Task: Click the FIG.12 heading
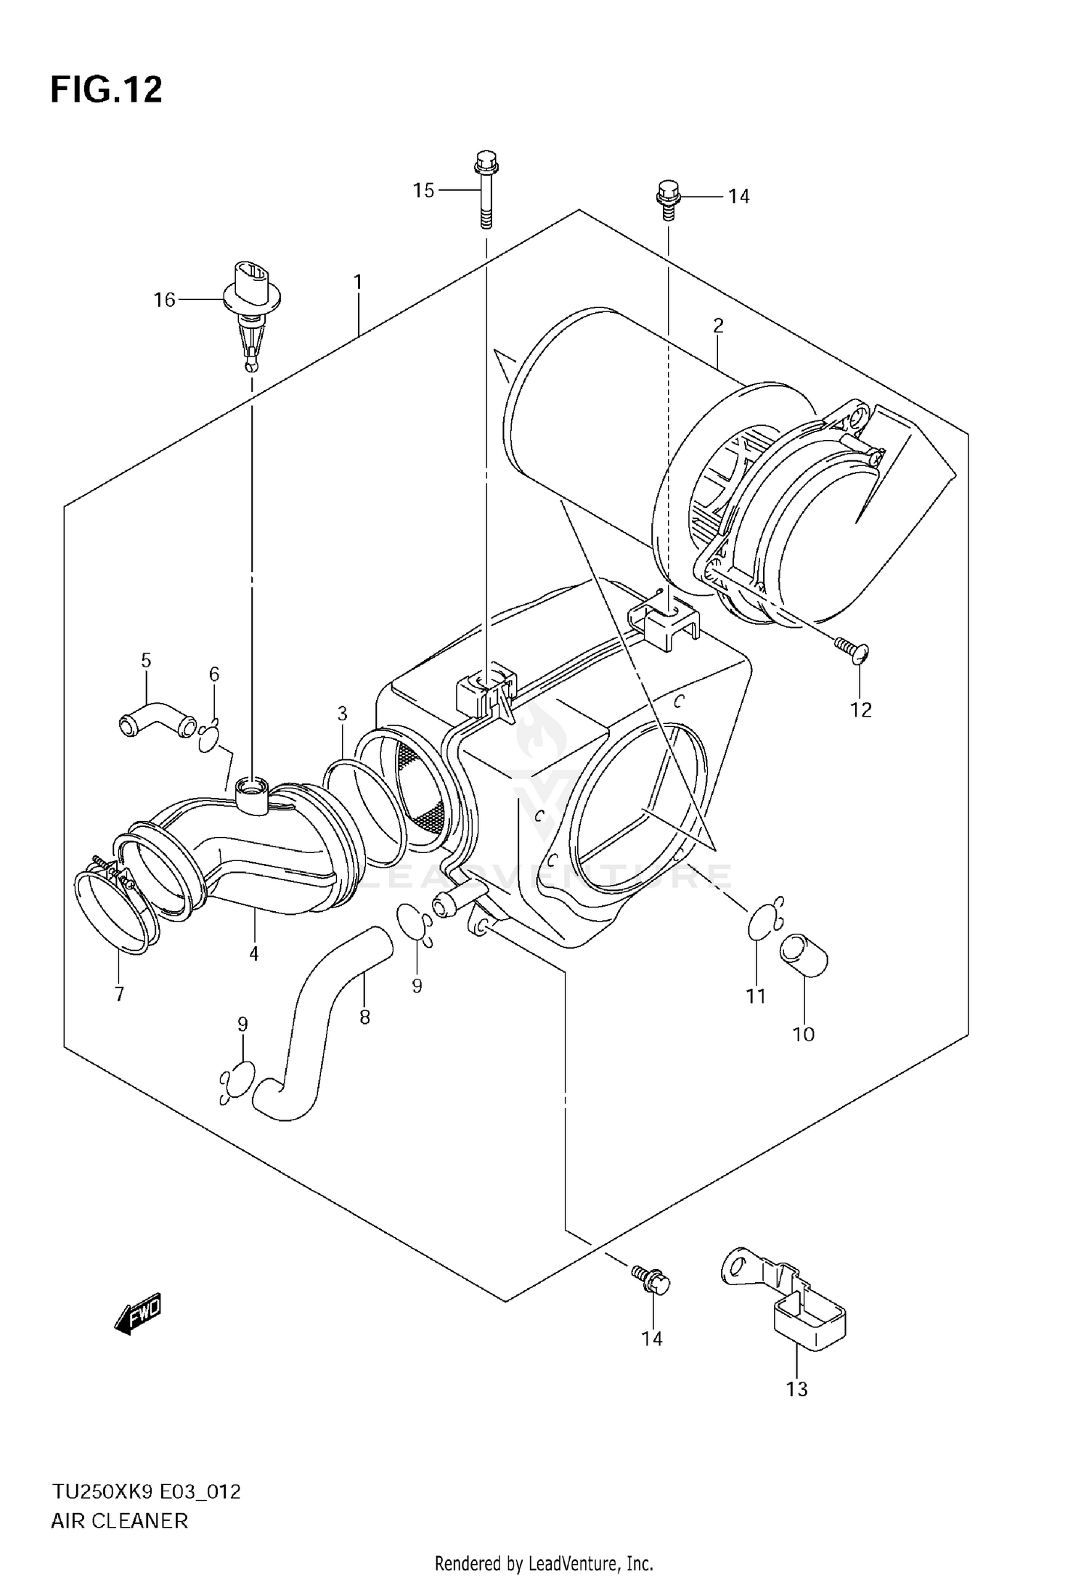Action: pyautogui.click(x=106, y=90)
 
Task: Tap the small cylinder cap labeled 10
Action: pyautogui.click(x=804, y=956)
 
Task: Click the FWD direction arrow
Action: pyautogui.click(x=138, y=1313)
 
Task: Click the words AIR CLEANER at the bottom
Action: pyautogui.click(x=119, y=1520)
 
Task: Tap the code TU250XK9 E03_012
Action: pyautogui.click(x=145, y=1491)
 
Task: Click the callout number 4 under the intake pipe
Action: pyautogui.click(x=253, y=953)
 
